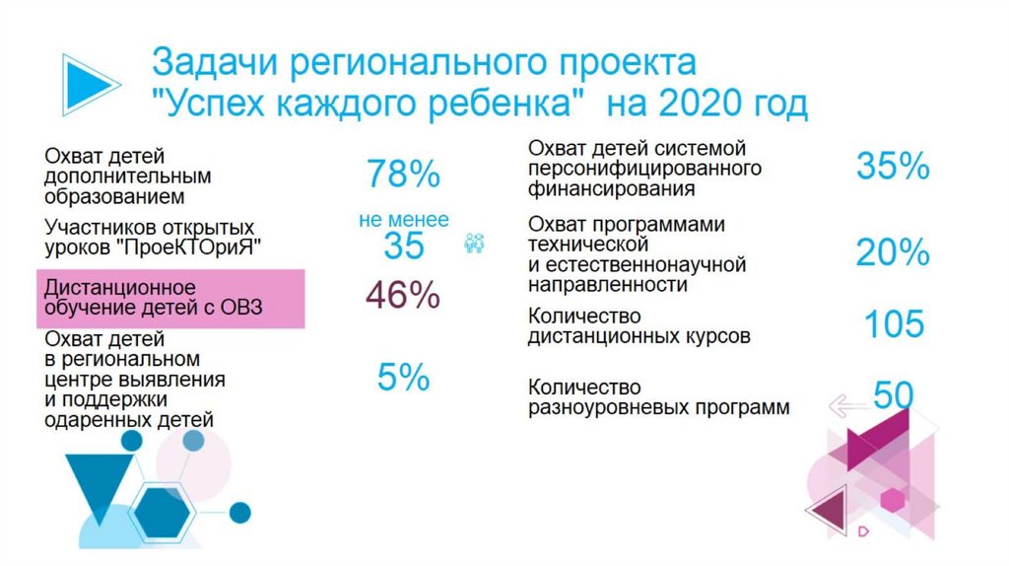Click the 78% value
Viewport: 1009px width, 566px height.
point(403,176)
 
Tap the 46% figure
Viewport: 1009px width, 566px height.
point(403,296)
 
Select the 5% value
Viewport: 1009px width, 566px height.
point(403,377)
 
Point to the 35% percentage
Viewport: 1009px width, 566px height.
point(893,167)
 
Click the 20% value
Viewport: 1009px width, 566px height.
point(893,253)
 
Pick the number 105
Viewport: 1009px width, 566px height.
point(895,323)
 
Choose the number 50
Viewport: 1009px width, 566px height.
point(894,395)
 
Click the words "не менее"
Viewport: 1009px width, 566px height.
point(403,220)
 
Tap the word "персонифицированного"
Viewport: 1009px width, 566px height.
point(644,168)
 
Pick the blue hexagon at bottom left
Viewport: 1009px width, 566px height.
point(163,512)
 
